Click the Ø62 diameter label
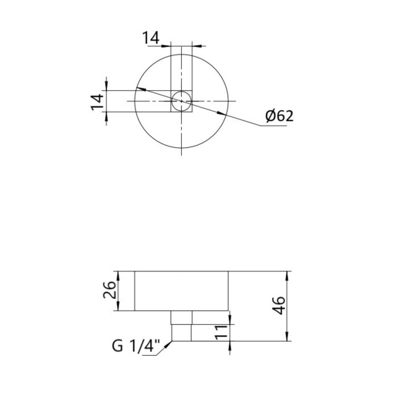click(278, 116)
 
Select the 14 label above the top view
click(150, 38)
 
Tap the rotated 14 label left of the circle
click(96, 101)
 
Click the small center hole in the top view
click(181, 101)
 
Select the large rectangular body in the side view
click(182, 291)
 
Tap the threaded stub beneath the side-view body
click(181, 326)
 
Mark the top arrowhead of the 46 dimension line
click(287, 273)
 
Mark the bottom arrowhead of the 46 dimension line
click(287, 340)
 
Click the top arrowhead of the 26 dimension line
click(118, 273)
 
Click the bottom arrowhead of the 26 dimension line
click(118, 309)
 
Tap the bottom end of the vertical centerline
click(181, 155)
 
